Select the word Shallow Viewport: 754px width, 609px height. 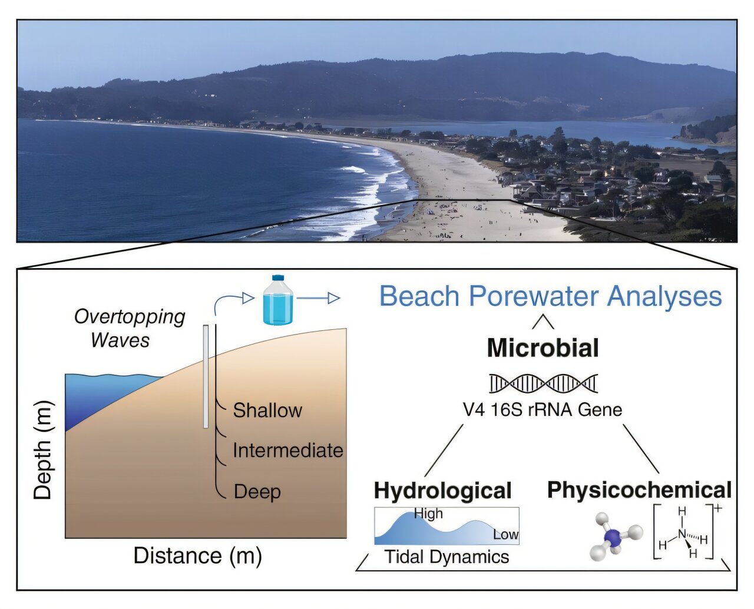tap(267, 411)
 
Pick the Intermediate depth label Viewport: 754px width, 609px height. tap(287, 451)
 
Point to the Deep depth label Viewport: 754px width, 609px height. tap(257, 491)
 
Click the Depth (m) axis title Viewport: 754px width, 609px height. tap(43, 451)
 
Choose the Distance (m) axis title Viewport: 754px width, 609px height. tap(197, 555)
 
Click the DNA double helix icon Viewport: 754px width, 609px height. tap(543, 383)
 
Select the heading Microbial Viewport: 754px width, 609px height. tap(543, 348)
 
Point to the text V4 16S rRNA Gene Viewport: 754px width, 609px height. tap(543, 409)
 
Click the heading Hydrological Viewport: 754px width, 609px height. tap(442, 490)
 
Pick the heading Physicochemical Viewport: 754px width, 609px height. tap(639, 490)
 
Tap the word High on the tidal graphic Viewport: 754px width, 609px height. tap(428, 514)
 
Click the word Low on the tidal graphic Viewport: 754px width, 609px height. tap(505, 535)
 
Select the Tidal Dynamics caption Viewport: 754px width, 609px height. tap(447, 557)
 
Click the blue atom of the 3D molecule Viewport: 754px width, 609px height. tap(613, 537)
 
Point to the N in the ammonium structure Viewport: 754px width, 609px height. tap(682, 534)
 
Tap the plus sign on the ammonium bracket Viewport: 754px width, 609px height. tap(717, 508)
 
